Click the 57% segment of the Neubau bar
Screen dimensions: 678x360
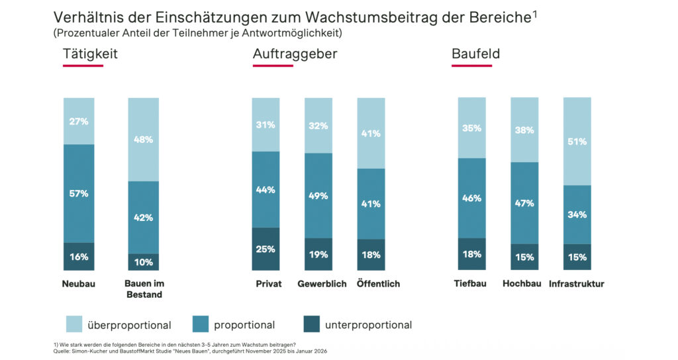point(79,194)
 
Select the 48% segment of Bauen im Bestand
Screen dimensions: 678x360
point(143,140)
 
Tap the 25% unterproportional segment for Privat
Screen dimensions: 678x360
point(266,249)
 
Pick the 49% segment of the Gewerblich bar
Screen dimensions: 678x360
point(318,196)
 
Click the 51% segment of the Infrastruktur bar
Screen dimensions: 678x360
point(577,142)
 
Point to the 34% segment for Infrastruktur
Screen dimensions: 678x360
point(577,215)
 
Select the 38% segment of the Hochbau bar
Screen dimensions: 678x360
point(524,130)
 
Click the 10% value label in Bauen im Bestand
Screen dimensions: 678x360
point(143,262)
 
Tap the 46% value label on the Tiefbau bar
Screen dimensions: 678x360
point(471,199)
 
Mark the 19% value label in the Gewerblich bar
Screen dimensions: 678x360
point(318,255)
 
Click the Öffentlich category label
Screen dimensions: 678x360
point(378,284)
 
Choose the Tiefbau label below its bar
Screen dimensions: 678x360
point(470,283)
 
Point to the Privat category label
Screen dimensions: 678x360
point(269,284)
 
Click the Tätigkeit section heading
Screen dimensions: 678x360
point(90,54)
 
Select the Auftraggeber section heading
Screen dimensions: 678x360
point(295,54)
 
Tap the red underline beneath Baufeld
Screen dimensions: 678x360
point(471,66)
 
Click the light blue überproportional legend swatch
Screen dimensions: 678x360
point(74,324)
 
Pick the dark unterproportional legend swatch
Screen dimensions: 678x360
point(312,324)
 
